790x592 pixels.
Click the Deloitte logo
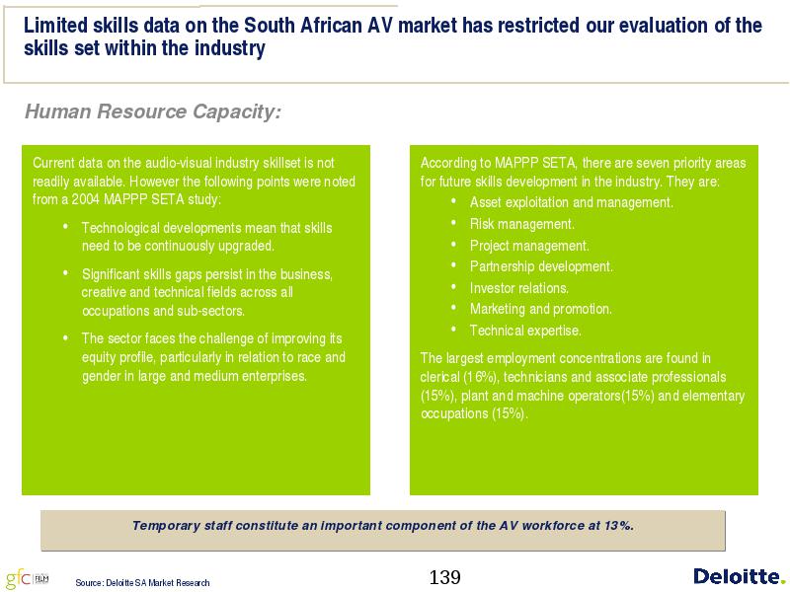tap(739, 576)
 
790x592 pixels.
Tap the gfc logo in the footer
tap(28, 578)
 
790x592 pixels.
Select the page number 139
tap(444, 577)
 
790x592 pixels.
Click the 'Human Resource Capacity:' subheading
tap(153, 111)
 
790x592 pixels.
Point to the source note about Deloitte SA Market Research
tap(142, 582)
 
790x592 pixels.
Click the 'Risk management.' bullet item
tap(522, 224)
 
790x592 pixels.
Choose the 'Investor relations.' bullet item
tap(519, 288)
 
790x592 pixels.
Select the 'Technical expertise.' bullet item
tap(525, 331)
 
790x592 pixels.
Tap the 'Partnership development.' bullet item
tap(541, 266)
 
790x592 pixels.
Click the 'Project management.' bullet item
tap(529, 246)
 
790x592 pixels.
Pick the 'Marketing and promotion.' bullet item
tap(540, 309)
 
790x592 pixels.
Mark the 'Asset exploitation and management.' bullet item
tap(572, 202)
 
